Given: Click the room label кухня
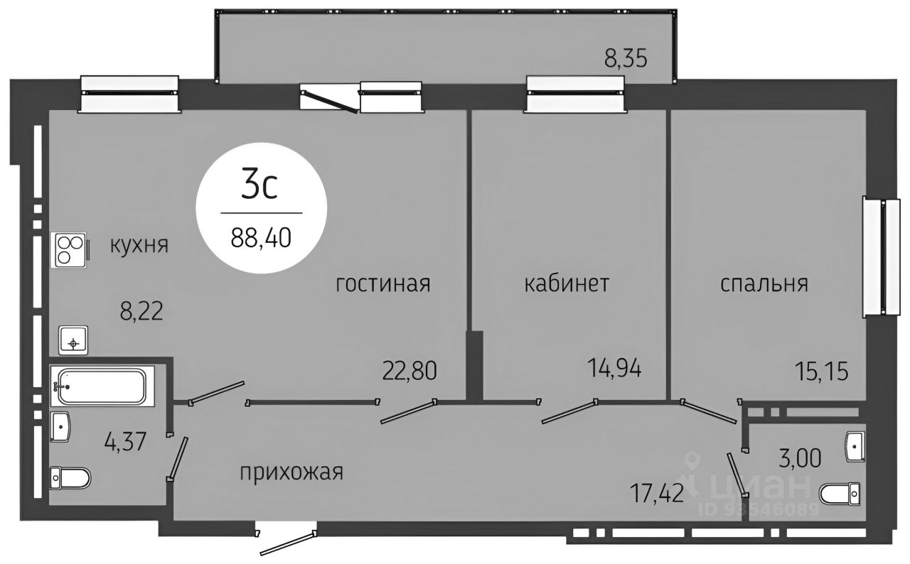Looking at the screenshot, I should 139,246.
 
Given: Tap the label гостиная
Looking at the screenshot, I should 383,284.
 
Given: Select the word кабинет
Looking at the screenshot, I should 567,284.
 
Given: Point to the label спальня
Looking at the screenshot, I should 764,284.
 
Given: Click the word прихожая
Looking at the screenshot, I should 291,472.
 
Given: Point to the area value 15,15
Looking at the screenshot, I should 821,370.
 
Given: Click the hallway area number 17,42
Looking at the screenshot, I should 657,491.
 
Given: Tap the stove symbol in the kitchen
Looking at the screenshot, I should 70,250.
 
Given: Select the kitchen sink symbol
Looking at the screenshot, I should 73,342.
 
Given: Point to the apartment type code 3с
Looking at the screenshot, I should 259,186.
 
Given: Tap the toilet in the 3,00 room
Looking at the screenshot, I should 840,493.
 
